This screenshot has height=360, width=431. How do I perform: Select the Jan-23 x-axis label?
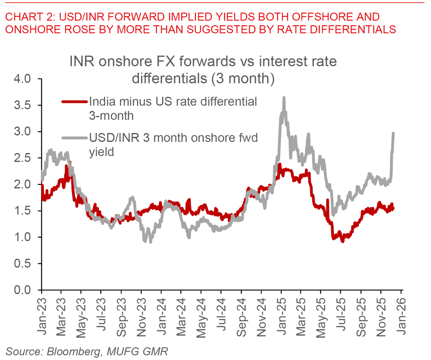click(x=41, y=310)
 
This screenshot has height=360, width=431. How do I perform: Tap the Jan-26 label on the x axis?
click(x=401, y=310)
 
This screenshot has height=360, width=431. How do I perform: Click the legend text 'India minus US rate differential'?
click(x=173, y=102)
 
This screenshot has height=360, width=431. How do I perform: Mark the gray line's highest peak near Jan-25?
click(x=284, y=97)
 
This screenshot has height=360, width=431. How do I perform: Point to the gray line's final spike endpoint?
click(x=393, y=134)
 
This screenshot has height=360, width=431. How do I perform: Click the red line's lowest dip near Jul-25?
click(x=342, y=241)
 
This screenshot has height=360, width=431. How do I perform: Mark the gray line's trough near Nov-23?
click(x=151, y=242)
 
